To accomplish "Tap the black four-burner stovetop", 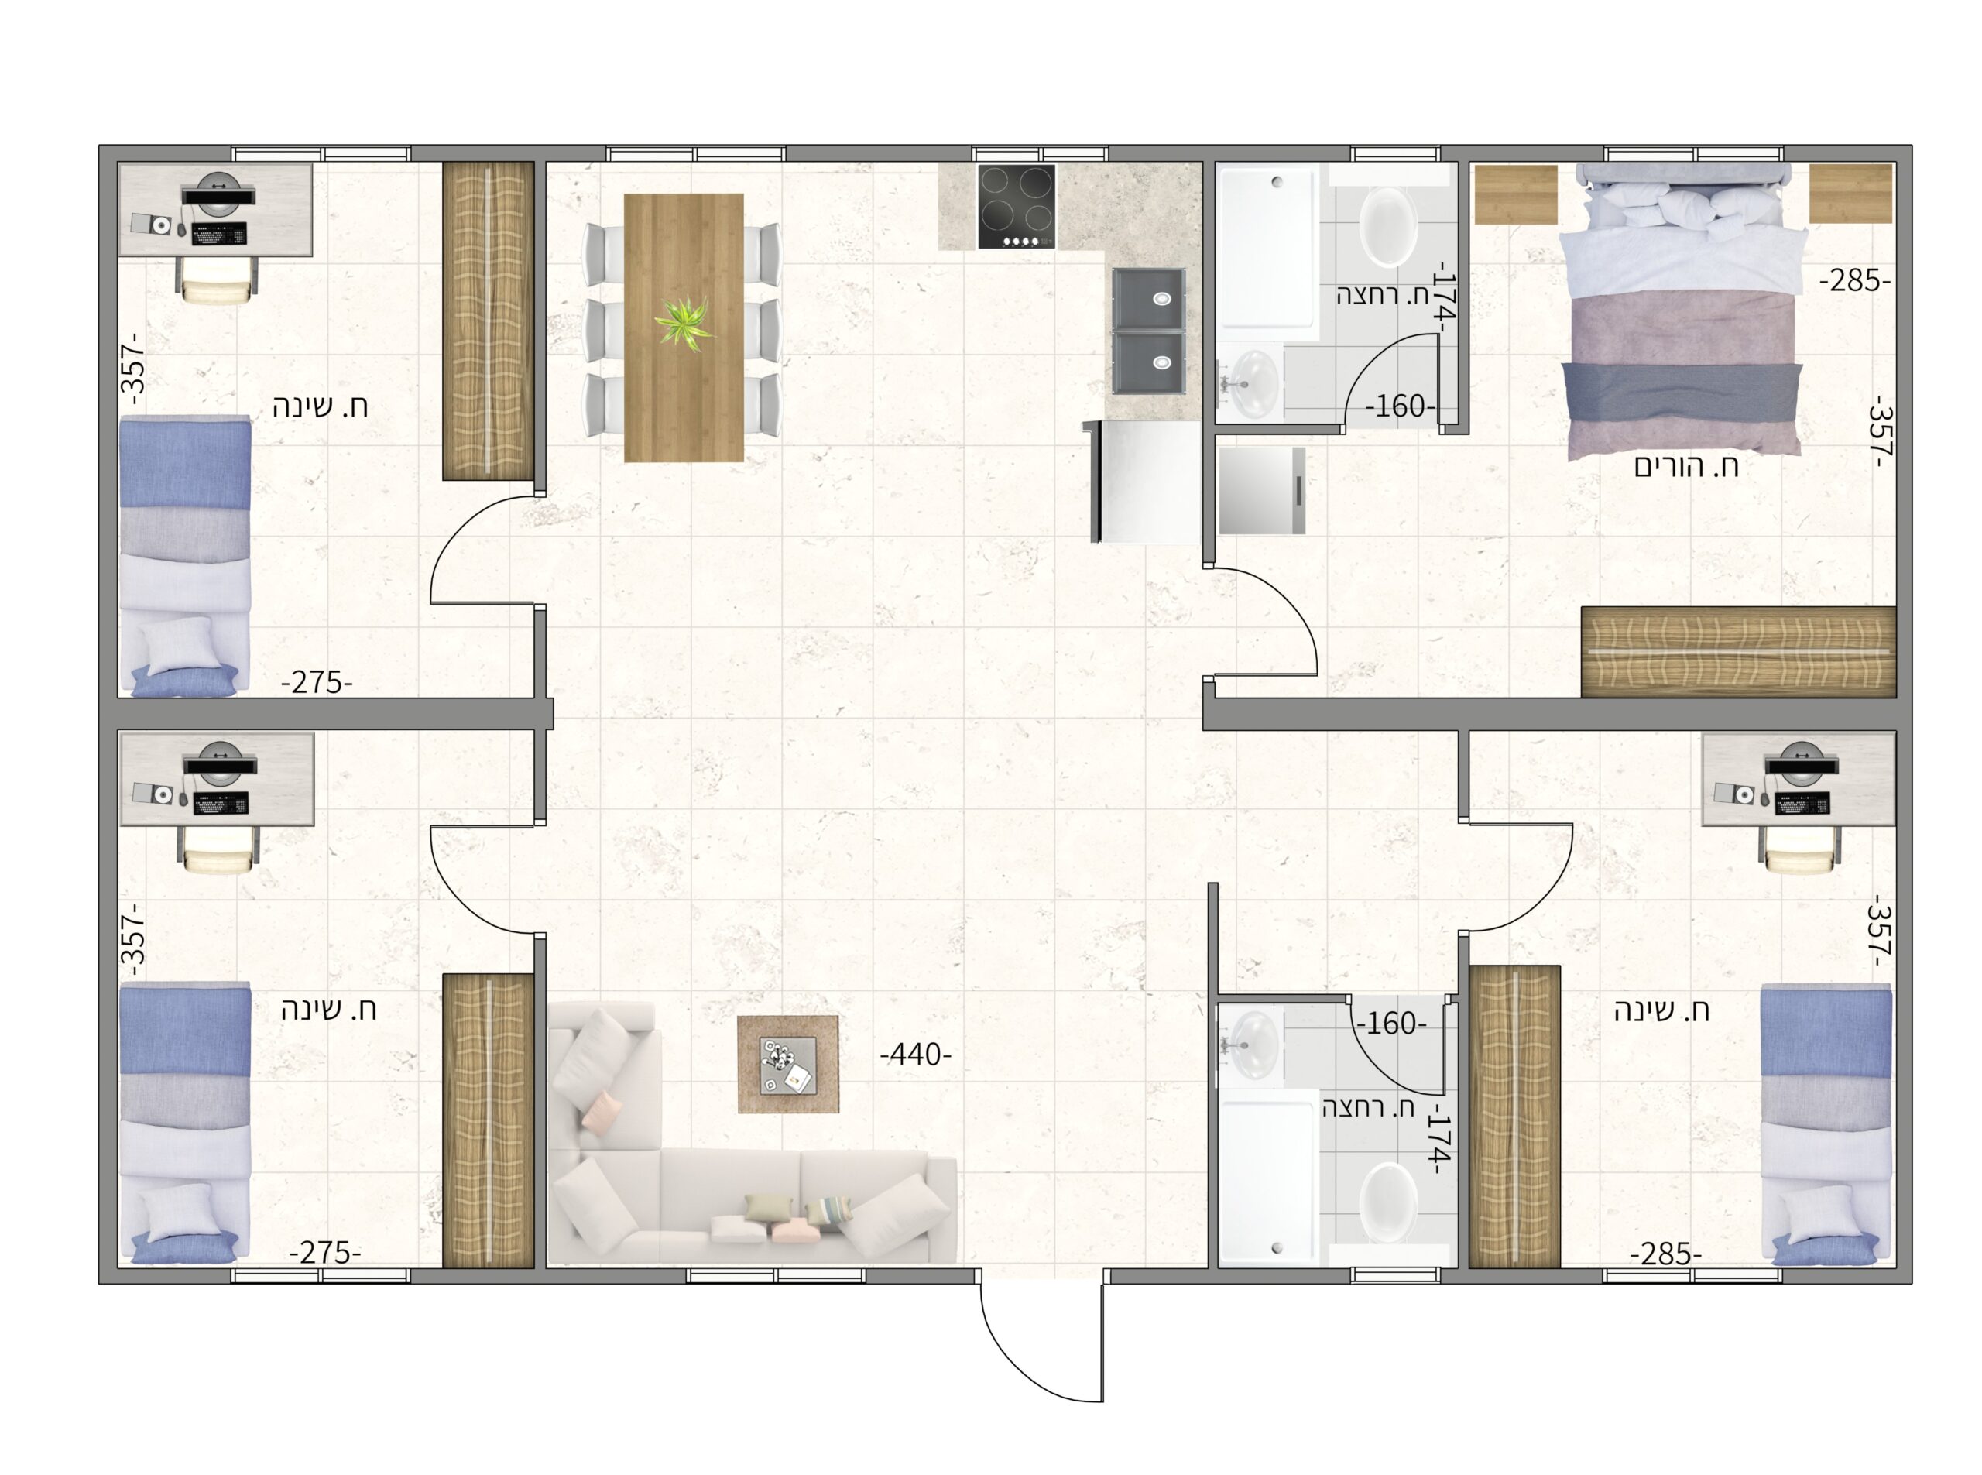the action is [x=1016, y=206].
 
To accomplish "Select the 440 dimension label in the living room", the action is [x=915, y=1055].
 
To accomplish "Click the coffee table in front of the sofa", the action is [x=787, y=1065].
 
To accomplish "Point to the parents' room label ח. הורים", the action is [x=1685, y=466].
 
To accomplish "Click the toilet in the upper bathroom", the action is [x=1387, y=226].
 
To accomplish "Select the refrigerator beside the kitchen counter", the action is [x=1142, y=482].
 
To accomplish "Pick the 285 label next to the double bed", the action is [x=1855, y=281].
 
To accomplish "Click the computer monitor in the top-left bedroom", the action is [x=220, y=193].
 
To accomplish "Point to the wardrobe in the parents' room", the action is [x=1738, y=652].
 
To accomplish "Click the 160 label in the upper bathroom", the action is [x=1400, y=407].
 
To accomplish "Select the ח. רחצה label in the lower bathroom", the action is [x=1369, y=1108].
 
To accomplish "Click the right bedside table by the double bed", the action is [x=1850, y=193].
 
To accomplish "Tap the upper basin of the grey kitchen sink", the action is [x=1149, y=298].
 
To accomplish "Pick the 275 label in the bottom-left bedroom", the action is [x=325, y=1253].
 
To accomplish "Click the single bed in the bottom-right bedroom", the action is [x=1826, y=1124].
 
